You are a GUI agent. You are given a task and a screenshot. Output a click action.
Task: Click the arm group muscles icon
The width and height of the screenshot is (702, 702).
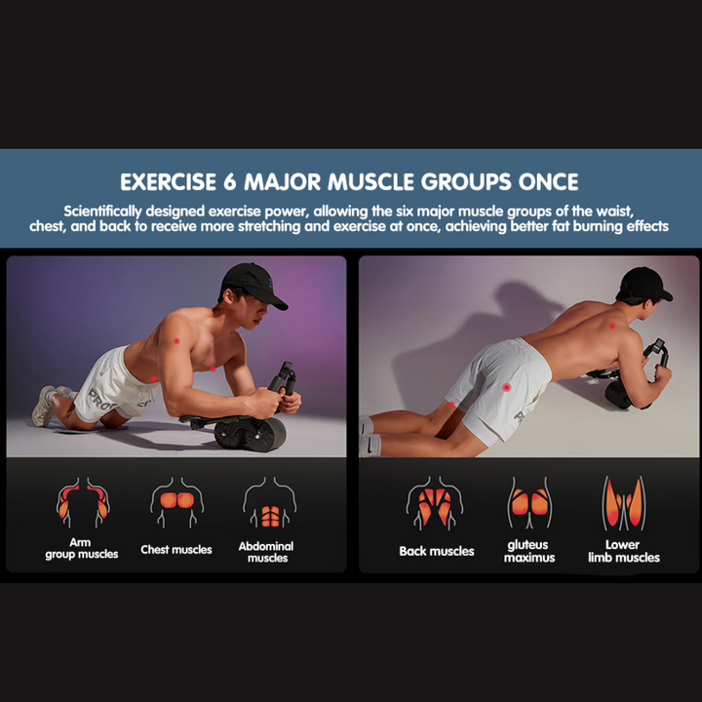(x=83, y=502)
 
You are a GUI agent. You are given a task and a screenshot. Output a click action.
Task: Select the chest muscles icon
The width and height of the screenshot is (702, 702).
(x=176, y=501)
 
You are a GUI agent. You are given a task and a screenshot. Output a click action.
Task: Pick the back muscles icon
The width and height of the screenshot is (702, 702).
(x=435, y=503)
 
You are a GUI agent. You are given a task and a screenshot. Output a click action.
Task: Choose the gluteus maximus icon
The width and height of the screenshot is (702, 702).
(x=529, y=502)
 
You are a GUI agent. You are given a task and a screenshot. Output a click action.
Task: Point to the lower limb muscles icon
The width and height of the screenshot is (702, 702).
(x=624, y=503)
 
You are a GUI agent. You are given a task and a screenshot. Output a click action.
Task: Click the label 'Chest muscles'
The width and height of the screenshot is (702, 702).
(x=175, y=549)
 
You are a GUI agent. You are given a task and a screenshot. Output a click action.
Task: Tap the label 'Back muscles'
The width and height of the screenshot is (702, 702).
(x=437, y=551)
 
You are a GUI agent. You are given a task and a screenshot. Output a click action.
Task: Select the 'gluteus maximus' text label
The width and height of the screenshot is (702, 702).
(x=529, y=551)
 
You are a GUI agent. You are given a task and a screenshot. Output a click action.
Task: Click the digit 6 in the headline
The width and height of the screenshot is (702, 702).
(x=229, y=181)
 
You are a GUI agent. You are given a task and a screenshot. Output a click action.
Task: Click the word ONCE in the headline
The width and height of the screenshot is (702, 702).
(x=548, y=181)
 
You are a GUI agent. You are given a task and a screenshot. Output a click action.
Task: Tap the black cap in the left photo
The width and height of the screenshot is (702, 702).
(x=253, y=285)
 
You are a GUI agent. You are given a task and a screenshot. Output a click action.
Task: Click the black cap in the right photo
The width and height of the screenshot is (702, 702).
(x=644, y=284)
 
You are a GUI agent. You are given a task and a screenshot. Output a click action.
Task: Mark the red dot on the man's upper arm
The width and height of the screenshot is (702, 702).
(x=176, y=340)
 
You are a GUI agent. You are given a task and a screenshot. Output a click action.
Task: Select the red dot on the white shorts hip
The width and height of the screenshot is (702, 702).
(x=506, y=387)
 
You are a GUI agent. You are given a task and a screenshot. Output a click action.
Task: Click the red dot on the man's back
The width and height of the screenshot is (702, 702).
(x=612, y=326)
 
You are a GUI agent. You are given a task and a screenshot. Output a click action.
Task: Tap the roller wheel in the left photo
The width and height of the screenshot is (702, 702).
(x=251, y=433)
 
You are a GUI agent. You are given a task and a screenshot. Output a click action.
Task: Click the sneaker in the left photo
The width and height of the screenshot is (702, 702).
(x=44, y=406)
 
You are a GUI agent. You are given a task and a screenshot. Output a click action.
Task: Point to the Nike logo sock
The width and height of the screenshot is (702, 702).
(x=370, y=445)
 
